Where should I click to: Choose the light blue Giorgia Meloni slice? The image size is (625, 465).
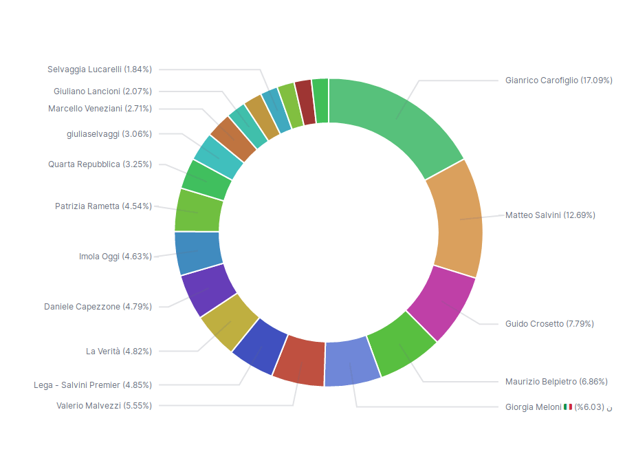(351, 363)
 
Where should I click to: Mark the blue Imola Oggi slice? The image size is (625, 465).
(198, 252)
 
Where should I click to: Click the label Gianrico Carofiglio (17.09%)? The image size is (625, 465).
(558, 80)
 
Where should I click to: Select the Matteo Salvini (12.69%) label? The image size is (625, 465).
(550, 215)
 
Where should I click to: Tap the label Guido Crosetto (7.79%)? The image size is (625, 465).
(549, 324)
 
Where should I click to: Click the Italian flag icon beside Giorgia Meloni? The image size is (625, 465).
(568, 407)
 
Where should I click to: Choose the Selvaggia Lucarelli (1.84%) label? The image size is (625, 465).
(100, 69)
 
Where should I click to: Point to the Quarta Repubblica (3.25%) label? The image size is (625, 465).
(100, 164)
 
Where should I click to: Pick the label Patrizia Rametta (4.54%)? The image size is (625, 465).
(103, 206)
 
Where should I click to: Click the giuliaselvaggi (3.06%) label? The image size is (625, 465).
(109, 134)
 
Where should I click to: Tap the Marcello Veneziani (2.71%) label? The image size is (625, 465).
(100, 109)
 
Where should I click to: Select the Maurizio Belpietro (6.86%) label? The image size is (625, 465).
(556, 382)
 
